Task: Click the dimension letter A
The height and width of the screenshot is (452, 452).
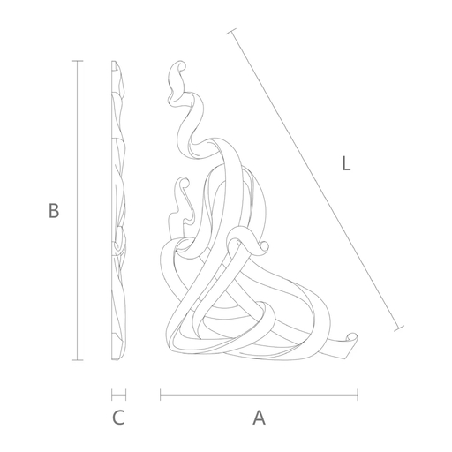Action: point(259,418)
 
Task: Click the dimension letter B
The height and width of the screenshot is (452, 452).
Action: point(54,210)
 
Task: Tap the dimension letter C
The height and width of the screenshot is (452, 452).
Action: point(118,418)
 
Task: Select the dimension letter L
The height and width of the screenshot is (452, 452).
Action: point(346,163)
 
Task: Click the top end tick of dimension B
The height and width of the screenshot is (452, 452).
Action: point(78,61)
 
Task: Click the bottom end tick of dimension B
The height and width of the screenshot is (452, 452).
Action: point(78,360)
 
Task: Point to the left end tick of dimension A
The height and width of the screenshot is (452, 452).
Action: point(161,395)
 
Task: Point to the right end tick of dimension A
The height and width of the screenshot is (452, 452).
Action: point(358,395)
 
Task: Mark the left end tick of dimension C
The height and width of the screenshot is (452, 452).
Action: point(112,395)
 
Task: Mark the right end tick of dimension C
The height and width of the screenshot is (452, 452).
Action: point(125,395)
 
